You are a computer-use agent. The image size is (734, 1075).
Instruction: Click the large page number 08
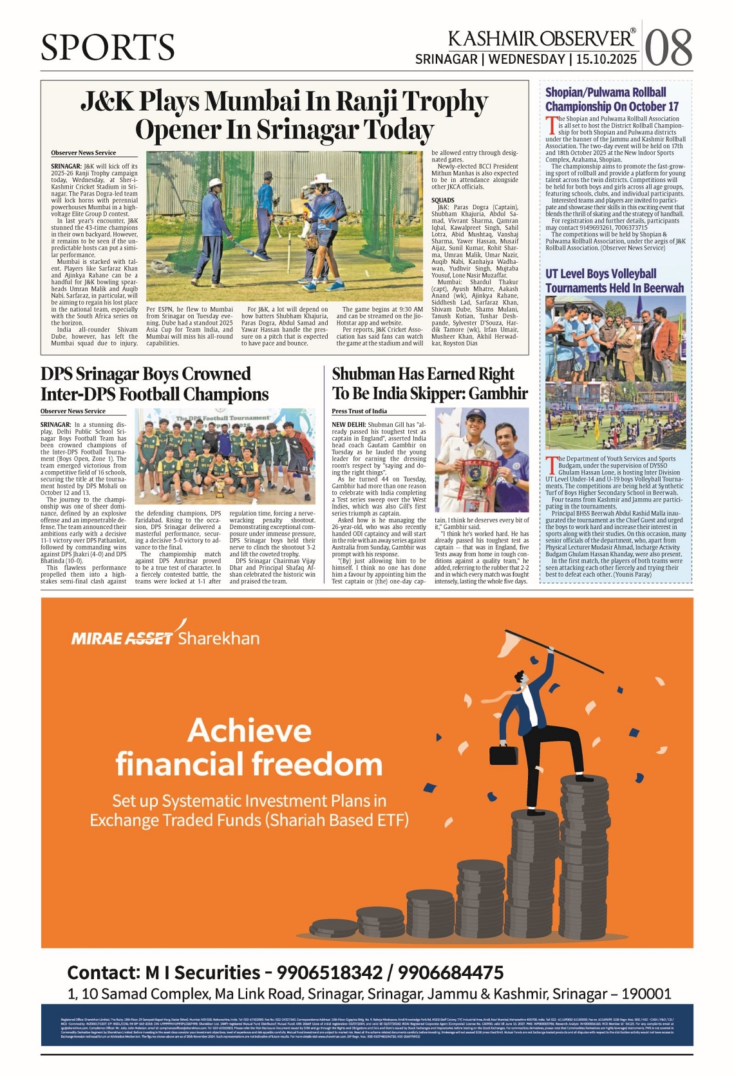click(x=668, y=48)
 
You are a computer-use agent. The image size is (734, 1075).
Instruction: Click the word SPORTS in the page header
click(x=108, y=48)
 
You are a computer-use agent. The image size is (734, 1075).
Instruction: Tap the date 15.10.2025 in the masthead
click(x=606, y=60)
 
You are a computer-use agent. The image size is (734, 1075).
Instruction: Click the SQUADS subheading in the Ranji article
click(x=443, y=200)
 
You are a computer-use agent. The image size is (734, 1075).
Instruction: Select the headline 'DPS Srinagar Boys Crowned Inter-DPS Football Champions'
click(x=155, y=384)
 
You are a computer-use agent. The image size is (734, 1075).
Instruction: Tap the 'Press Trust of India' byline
click(x=359, y=411)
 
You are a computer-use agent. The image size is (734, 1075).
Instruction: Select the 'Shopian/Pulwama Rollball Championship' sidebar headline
click(x=612, y=99)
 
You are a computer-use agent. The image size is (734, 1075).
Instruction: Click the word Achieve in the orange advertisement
click(x=250, y=731)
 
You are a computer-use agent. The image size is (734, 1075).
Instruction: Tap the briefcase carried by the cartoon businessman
click(x=503, y=754)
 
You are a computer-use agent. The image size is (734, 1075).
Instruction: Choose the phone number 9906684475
click(x=450, y=972)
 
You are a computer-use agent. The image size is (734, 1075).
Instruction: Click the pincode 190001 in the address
click(x=646, y=994)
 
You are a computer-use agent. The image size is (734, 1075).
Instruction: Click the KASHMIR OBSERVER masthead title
click(x=541, y=39)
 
